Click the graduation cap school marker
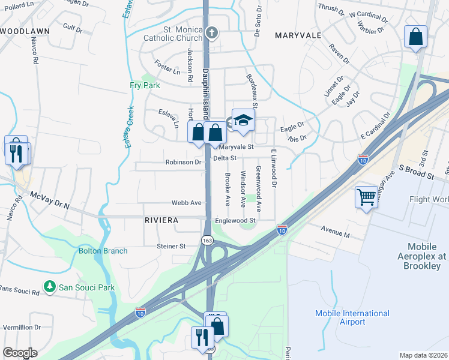pyautogui.click(x=243, y=120)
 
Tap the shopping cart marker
pyautogui.click(x=366, y=196)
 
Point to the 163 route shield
pyautogui.click(x=207, y=240)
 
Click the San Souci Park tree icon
pyautogui.click(x=51, y=287)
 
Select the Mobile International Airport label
pyautogui.click(x=352, y=317)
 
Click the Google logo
pyautogui.click(x=19, y=353)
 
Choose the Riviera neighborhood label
pyautogui.click(x=161, y=221)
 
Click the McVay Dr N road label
pyautogui.click(x=50, y=200)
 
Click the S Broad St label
pyautogui.click(x=416, y=175)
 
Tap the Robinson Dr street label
pyautogui.click(x=184, y=162)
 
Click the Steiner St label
pyautogui.click(x=171, y=246)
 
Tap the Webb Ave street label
pyautogui.click(x=187, y=203)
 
